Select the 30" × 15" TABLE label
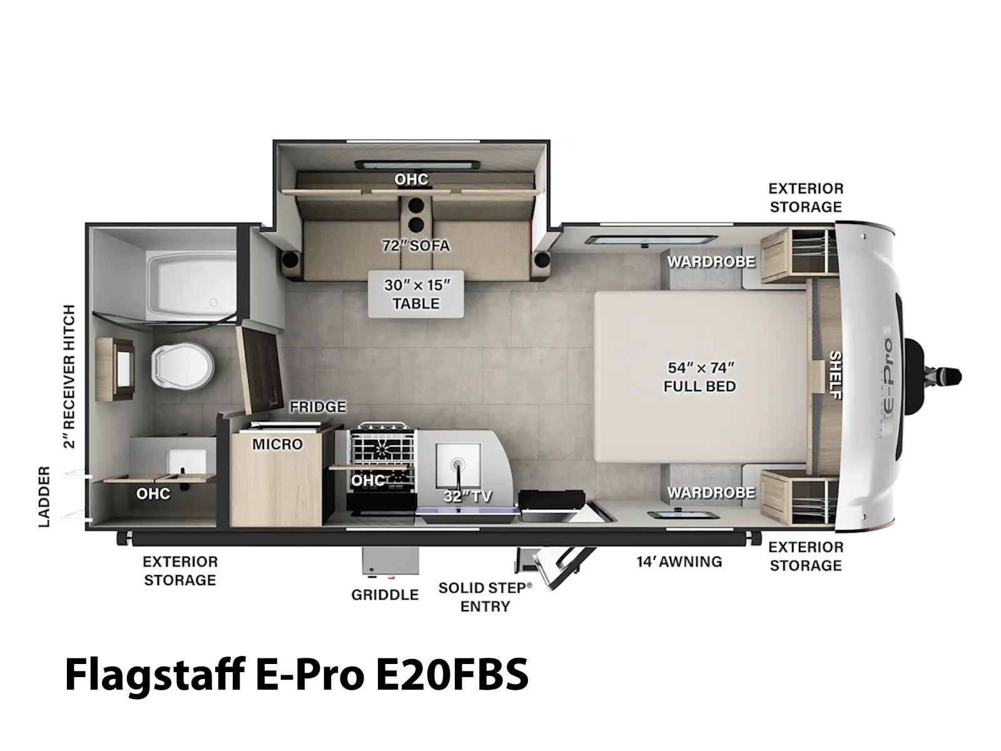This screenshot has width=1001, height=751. [417, 294]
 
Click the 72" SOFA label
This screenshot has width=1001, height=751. [416, 246]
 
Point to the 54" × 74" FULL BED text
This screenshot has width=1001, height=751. [699, 377]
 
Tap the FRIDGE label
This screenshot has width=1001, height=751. [318, 406]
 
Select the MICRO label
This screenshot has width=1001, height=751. [278, 444]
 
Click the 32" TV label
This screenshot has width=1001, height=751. [467, 496]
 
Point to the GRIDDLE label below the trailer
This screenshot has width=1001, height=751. [385, 595]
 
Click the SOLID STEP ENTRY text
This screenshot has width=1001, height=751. [485, 597]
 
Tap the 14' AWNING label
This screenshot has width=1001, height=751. [679, 561]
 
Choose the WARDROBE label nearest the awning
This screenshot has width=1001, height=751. [711, 493]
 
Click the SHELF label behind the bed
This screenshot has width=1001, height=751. [835, 375]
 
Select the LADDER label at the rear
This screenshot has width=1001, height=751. [44, 496]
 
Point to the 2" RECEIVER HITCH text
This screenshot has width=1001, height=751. [69, 377]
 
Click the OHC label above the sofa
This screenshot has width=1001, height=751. [411, 179]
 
